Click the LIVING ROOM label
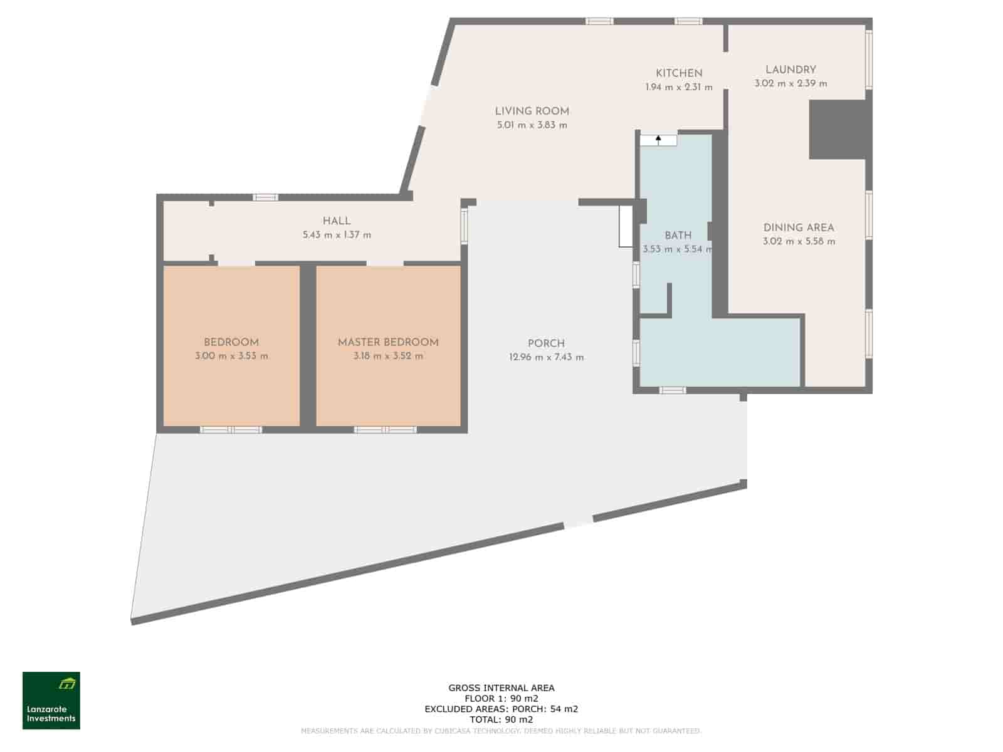[532, 112]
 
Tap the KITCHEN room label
[679, 73]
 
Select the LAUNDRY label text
[790, 70]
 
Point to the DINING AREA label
[799, 227]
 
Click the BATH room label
[678, 236]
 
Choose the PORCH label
[546, 343]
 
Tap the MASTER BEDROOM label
[388, 342]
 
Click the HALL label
[337, 221]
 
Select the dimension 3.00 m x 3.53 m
[231, 356]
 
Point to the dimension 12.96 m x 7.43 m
[546, 357]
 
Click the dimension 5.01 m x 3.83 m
[532, 125]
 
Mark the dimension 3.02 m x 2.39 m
[790, 83]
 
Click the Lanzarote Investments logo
[51, 701]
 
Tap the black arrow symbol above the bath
[658, 138]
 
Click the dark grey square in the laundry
[837, 129]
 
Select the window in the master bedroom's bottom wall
[385, 430]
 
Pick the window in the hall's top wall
[265, 197]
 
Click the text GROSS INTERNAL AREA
[501, 687]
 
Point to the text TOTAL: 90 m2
[501, 719]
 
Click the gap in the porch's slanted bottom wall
[578, 523]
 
